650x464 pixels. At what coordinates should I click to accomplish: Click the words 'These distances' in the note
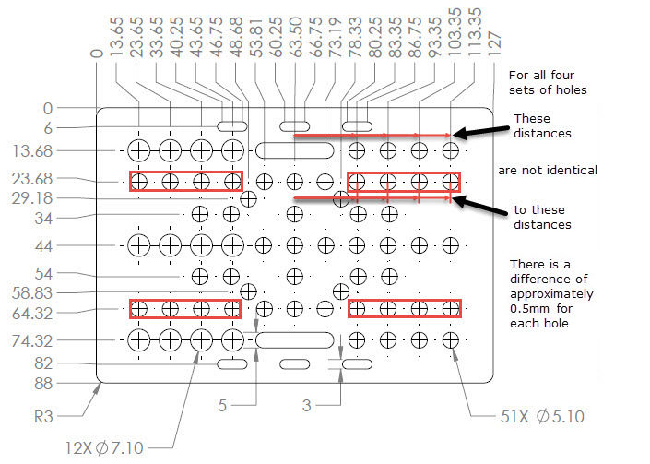pyautogui.click(x=544, y=125)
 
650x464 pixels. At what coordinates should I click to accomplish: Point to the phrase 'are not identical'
pyautogui.click(x=548, y=171)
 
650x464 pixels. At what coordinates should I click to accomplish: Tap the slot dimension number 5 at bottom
pyautogui.click(x=222, y=404)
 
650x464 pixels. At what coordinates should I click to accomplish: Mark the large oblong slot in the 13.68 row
pyautogui.click(x=287, y=150)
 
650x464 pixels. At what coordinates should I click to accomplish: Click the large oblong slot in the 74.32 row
pyautogui.click(x=293, y=340)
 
